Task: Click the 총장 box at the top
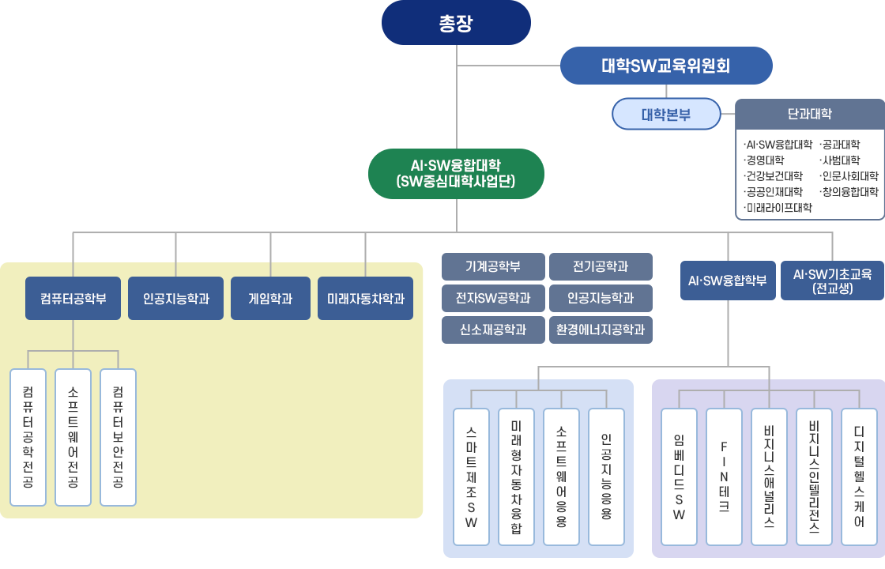pyautogui.click(x=456, y=22)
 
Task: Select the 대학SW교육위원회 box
pyautogui.click(x=665, y=66)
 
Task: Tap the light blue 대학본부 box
pyautogui.click(x=666, y=114)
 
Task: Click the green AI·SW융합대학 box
pyautogui.click(x=456, y=174)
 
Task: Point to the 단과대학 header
pyautogui.click(x=809, y=113)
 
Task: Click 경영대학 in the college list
pyautogui.click(x=764, y=160)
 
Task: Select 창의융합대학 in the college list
pyautogui.click(x=849, y=192)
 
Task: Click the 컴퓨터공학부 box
pyautogui.click(x=73, y=299)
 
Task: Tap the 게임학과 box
pyautogui.click(x=270, y=299)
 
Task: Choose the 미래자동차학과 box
pyautogui.click(x=365, y=299)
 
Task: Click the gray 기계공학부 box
pyautogui.click(x=493, y=267)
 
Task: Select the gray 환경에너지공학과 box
pyautogui.click(x=601, y=330)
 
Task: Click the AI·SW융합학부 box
pyautogui.click(x=727, y=281)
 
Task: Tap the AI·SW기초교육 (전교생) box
pyautogui.click(x=832, y=281)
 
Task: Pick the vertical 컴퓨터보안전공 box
pyautogui.click(x=118, y=437)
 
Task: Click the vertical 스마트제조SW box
pyautogui.click(x=472, y=477)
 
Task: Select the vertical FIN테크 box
pyautogui.click(x=724, y=477)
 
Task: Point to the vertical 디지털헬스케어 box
pyautogui.click(x=859, y=477)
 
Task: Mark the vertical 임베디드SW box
pyautogui.click(x=679, y=477)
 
